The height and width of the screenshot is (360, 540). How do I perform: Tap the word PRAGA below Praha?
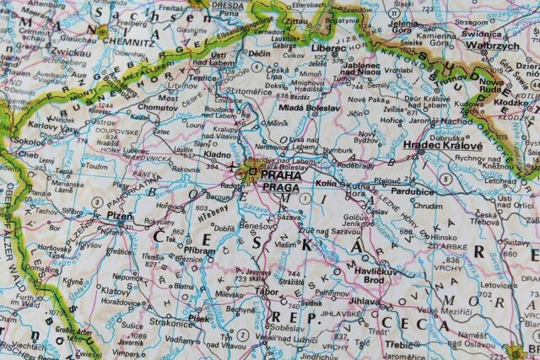(281, 186)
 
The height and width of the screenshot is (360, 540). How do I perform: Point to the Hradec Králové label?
(443, 146)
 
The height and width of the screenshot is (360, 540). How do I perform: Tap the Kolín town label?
(325, 182)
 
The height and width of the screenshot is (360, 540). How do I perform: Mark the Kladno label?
(218, 155)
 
